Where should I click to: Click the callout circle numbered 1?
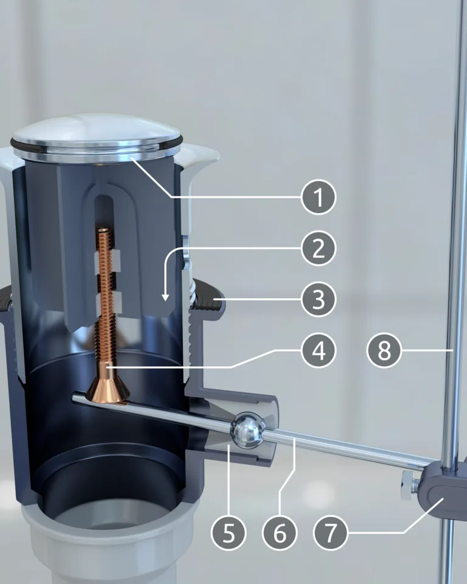(x=319, y=197)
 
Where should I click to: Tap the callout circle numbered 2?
(x=319, y=248)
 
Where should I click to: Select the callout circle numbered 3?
(x=319, y=299)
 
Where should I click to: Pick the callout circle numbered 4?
(x=319, y=350)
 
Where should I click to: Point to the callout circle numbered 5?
(x=228, y=533)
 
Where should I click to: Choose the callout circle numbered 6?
(x=280, y=533)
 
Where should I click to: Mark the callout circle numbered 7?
(x=331, y=533)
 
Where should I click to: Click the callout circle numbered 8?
(x=384, y=350)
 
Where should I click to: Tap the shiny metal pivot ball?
(x=247, y=430)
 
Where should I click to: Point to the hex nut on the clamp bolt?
(x=409, y=485)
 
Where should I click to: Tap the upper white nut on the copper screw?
(x=108, y=260)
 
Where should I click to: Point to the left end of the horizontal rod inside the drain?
(x=74, y=398)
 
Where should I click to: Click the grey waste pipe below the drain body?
(x=112, y=547)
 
